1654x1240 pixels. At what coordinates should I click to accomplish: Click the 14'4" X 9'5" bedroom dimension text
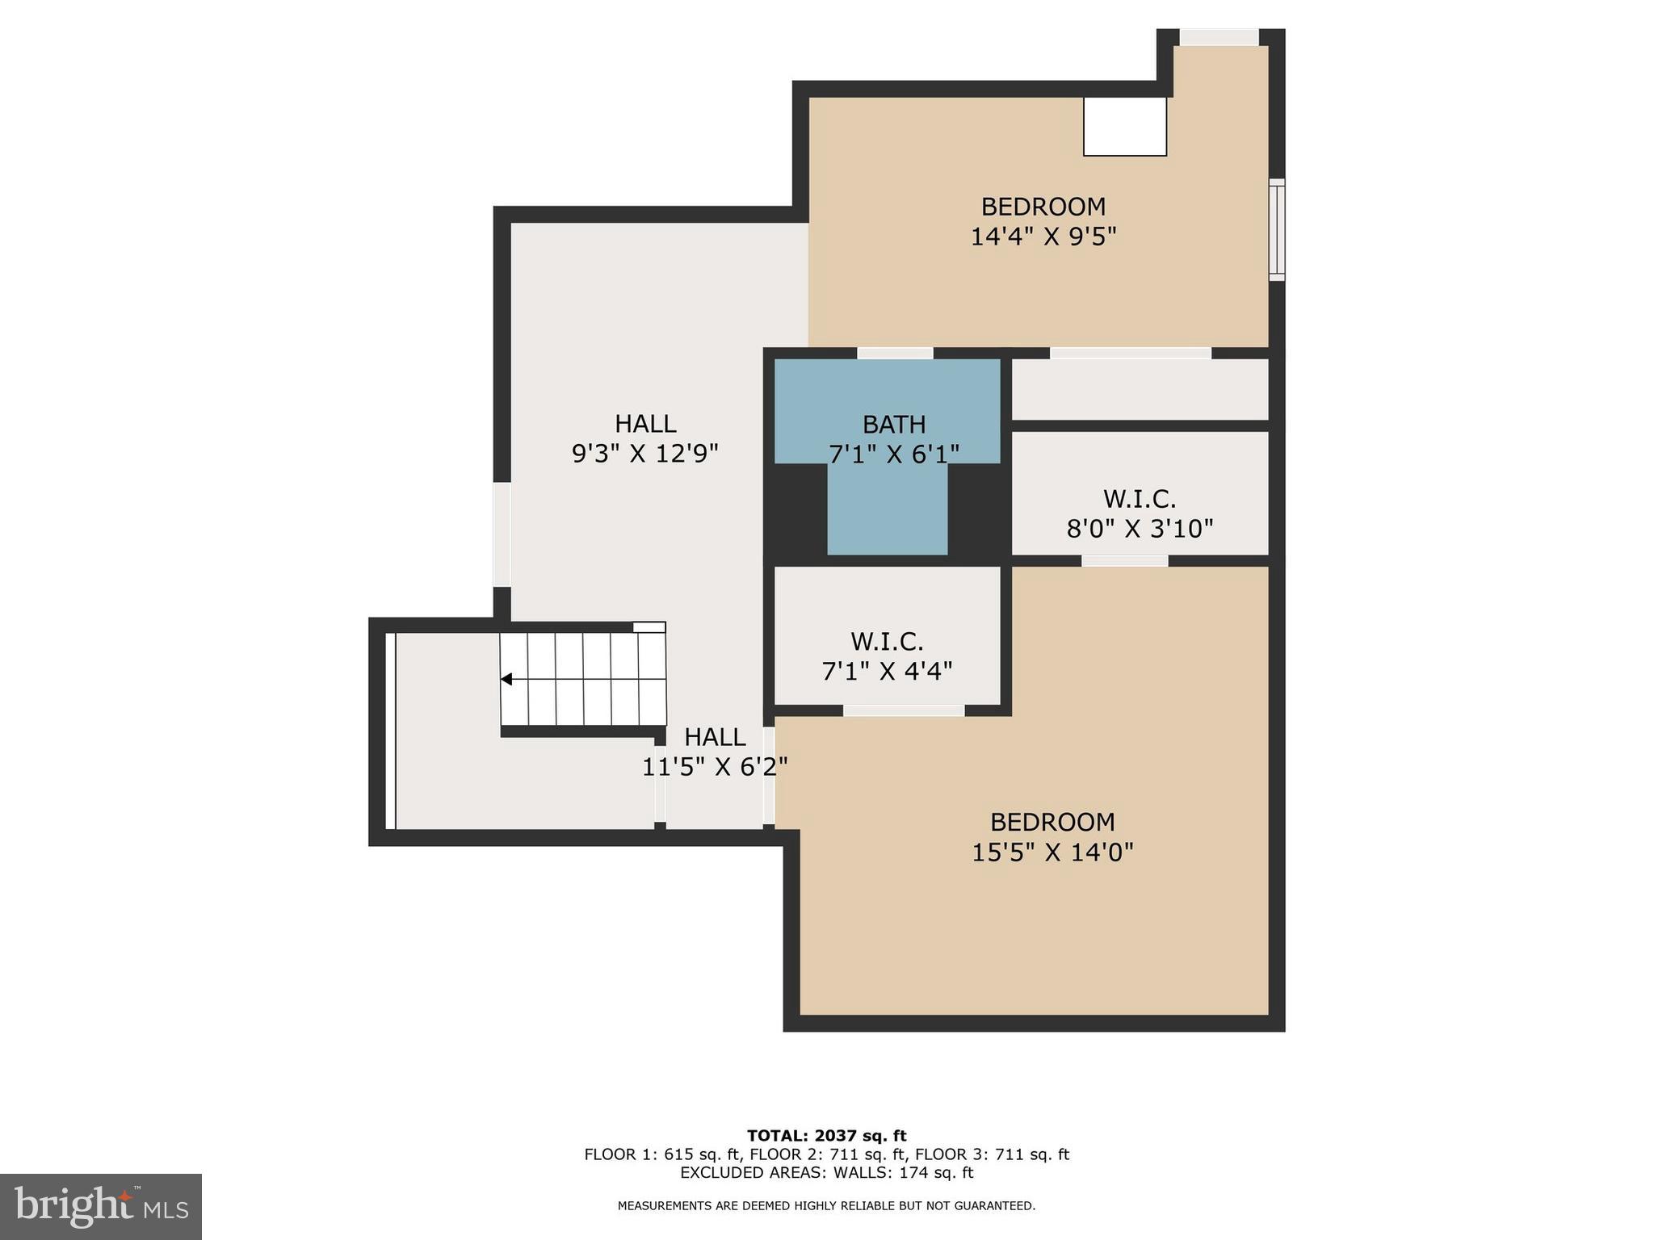[x=1043, y=237]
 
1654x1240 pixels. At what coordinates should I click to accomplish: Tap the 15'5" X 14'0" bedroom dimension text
[x=1052, y=852]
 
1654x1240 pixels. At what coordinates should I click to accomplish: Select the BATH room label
[x=893, y=424]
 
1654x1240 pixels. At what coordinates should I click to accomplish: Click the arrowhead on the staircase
[x=506, y=679]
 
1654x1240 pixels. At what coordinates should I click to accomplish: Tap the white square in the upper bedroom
[x=1124, y=126]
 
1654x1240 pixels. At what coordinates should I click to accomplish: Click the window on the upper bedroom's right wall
[x=1276, y=230]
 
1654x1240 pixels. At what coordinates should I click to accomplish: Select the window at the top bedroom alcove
[x=1219, y=37]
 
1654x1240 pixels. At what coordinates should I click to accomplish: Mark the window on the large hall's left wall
[x=502, y=534]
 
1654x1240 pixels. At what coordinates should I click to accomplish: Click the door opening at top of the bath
[x=895, y=353]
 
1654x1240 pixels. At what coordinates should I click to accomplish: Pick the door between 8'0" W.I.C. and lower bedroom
[x=1124, y=560]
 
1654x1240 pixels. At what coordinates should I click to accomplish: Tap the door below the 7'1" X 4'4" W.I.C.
[x=903, y=710]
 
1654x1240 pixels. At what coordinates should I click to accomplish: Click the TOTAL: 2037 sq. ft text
[x=826, y=1136]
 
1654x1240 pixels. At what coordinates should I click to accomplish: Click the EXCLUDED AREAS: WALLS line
[x=826, y=1172]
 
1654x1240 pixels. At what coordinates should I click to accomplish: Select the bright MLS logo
[x=101, y=1206]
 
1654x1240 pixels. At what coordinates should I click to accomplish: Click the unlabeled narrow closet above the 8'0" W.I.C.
[x=1139, y=389]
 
